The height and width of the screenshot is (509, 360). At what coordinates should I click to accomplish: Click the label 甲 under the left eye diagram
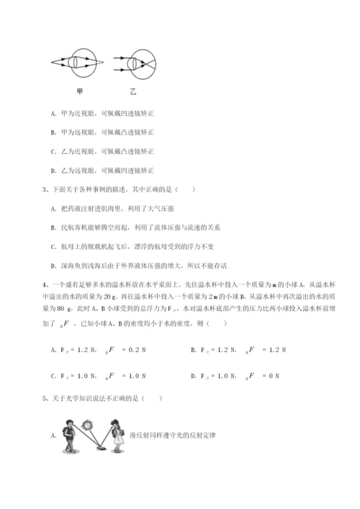pos(79,91)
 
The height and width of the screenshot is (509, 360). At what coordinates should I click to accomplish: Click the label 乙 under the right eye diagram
pos(134,91)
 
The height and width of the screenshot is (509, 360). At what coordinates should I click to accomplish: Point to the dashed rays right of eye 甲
pos(100,62)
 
